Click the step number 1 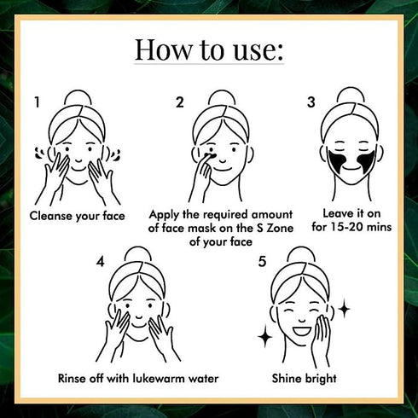[37, 102]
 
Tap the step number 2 [180, 102]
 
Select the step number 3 [311, 102]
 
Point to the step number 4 [101, 261]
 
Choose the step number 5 [262, 261]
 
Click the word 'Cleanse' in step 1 [51, 216]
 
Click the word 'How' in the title [164, 49]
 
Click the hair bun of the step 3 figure [351, 95]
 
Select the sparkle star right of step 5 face [345, 308]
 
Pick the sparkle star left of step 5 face [264, 337]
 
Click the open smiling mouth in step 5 [302, 331]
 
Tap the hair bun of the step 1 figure [78, 98]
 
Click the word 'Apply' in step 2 [165, 215]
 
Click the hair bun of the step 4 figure [138, 255]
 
